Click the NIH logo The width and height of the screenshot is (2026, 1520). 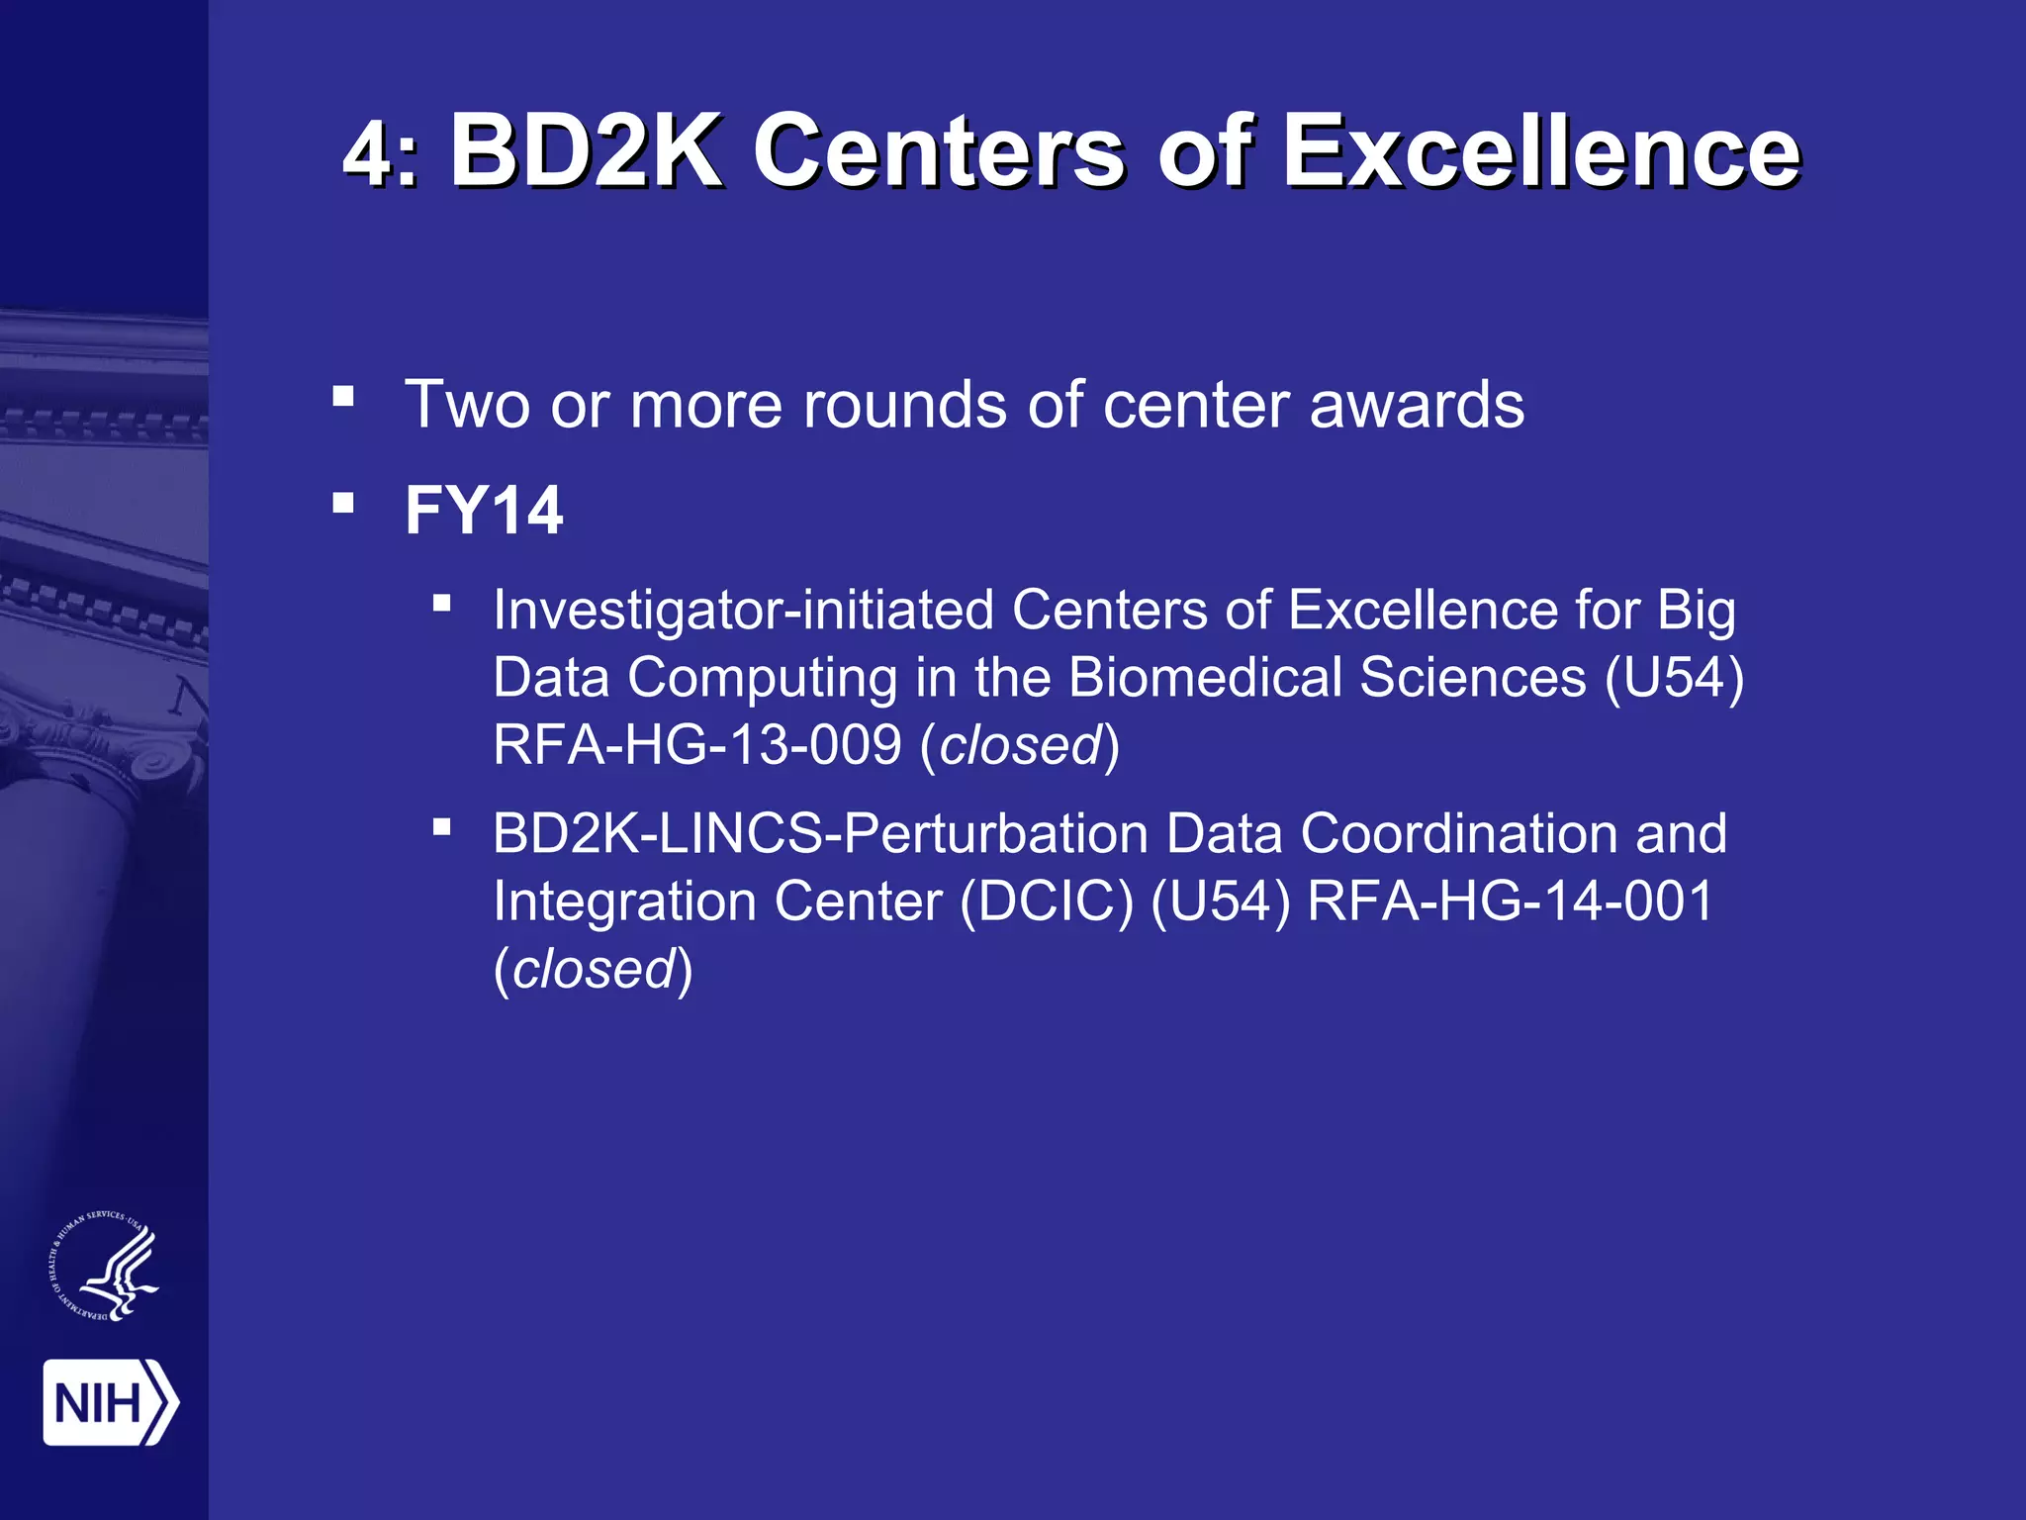[x=110, y=1402]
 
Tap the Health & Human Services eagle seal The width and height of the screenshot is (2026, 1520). [x=104, y=1267]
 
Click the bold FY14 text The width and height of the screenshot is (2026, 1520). [x=484, y=511]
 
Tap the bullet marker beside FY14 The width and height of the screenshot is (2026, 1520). [x=343, y=503]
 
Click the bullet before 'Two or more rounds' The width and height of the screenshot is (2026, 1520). [x=343, y=397]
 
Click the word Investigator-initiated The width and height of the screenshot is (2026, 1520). [x=743, y=610]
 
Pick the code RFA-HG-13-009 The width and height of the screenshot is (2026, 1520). [x=697, y=744]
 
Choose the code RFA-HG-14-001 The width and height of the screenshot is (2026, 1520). [x=1510, y=901]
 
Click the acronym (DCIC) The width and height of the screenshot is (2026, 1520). [x=1046, y=901]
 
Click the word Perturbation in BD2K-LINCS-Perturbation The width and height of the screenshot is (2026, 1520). [x=995, y=833]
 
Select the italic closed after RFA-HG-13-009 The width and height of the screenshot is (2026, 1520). [x=1020, y=745]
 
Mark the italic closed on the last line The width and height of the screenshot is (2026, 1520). [x=594, y=969]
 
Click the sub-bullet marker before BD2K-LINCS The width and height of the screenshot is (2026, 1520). [x=442, y=825]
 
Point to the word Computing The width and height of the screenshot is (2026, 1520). [x=763, y=679]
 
